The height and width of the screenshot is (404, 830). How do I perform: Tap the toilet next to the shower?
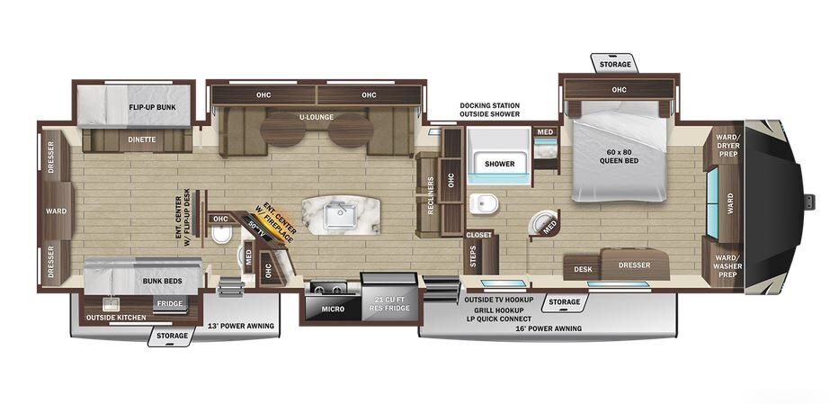click(483, 204)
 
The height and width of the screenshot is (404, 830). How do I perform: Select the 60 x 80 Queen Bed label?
click(619, 157)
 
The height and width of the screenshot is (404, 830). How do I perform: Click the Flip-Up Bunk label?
click(153, 107)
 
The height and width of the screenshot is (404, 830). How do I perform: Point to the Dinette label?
click(141, 139)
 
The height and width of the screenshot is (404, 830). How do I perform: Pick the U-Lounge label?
click(316, 117)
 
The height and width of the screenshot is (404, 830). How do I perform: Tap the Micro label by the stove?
click(334, 309)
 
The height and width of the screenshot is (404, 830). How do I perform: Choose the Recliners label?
click(431, 196)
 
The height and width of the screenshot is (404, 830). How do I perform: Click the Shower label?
click(500, 164)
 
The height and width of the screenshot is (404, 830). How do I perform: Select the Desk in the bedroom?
click(583, 269)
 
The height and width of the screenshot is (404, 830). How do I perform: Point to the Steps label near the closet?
click(473, 256)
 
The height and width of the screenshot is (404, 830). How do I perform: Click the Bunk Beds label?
click(163, 281)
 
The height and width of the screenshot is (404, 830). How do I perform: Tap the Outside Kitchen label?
click(116, 318)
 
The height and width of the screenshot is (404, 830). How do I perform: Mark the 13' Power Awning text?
click(241, 326)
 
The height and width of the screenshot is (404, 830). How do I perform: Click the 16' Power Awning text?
click(549, 328)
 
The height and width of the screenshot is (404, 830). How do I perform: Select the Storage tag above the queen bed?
click(615, 64)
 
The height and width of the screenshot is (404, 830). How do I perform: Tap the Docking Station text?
click(489, 105)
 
